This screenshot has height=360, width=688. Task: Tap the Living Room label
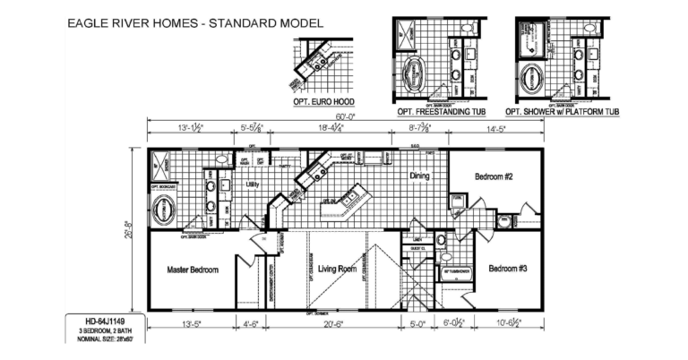[x=337, y=269]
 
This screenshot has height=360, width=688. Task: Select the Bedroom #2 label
[x=493, y=176]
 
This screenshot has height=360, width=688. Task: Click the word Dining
[x=421, y=176]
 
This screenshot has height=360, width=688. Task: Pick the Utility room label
[x=254, y=184]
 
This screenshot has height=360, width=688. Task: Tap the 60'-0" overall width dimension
[x=344, y=117]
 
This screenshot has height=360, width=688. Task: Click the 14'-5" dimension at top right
[x=497, y=130]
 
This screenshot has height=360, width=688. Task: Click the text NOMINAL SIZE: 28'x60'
[x=98, y=339]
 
